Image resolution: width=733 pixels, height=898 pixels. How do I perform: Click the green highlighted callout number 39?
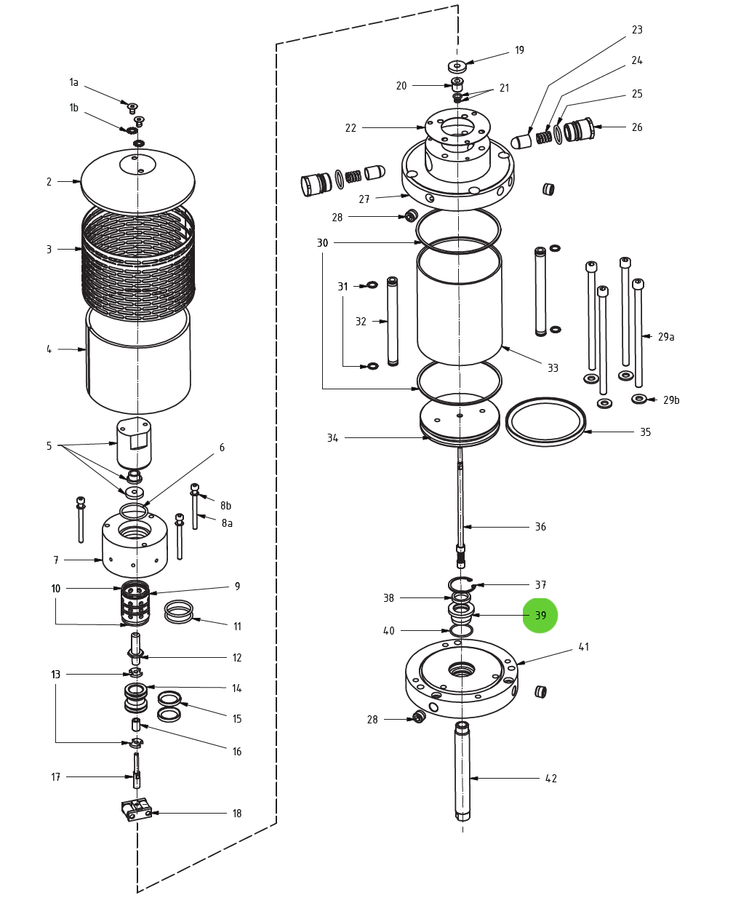(540, 616)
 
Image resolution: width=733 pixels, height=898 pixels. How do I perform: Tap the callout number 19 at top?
(519, 50)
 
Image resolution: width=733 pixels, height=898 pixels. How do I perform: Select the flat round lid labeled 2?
(138, 182)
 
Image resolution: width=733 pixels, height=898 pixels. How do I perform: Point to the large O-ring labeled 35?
(545, 421)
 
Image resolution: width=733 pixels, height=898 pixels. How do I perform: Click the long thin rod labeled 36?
(460, 502)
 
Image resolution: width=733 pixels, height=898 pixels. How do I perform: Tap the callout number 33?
(553, 368)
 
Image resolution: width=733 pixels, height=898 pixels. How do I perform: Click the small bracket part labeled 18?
(136, 809)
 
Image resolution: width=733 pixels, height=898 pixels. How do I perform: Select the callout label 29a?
(666, 337)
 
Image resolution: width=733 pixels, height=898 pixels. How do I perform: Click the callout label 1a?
(73, 82)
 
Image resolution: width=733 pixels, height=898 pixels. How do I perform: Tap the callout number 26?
(637, 127)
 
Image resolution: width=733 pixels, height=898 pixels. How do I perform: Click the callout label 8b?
(225, 506)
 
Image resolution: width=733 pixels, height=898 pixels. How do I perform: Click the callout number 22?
(351, 128)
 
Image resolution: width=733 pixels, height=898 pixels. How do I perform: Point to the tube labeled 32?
(393, 320)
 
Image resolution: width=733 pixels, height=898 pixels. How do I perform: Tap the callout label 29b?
(670, 400)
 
